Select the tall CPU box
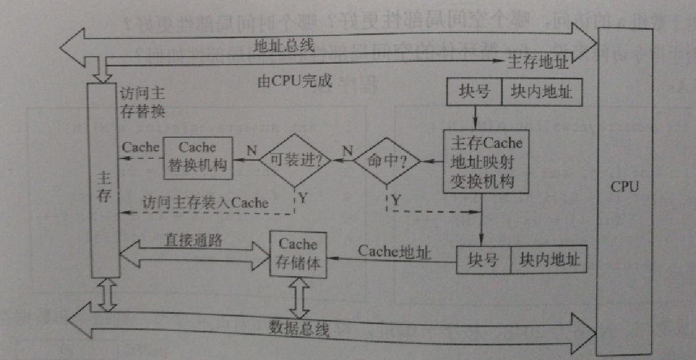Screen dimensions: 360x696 pos(623,187)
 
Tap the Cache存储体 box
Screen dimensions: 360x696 pos(298,254)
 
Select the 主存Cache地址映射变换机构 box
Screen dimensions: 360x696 pos(486,162)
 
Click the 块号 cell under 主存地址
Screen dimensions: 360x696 pos(474,92)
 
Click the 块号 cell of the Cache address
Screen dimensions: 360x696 pos(483,260)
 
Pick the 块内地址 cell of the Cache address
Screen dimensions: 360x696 pos(547,260)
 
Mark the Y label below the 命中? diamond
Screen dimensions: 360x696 pos(395,200)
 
